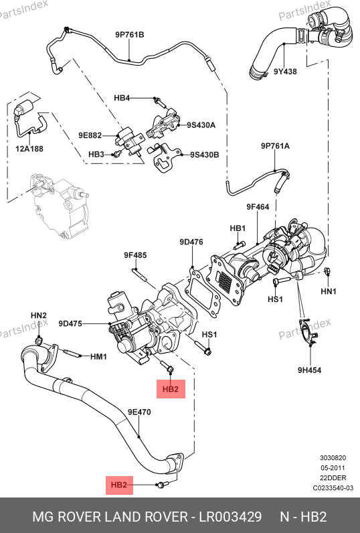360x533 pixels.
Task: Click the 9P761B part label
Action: (129, 35)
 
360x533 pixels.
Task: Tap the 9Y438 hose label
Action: (285, 72)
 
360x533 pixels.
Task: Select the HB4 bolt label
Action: (122, 98)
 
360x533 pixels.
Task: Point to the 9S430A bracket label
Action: (201, 125)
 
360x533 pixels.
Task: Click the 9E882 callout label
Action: (90, 135)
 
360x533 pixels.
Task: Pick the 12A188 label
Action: (29, 149)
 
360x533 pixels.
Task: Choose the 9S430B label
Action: (205, 155)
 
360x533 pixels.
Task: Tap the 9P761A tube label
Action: (275, 146)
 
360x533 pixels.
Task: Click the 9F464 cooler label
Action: (258, 207)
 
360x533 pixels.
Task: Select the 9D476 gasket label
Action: (191, 242)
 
